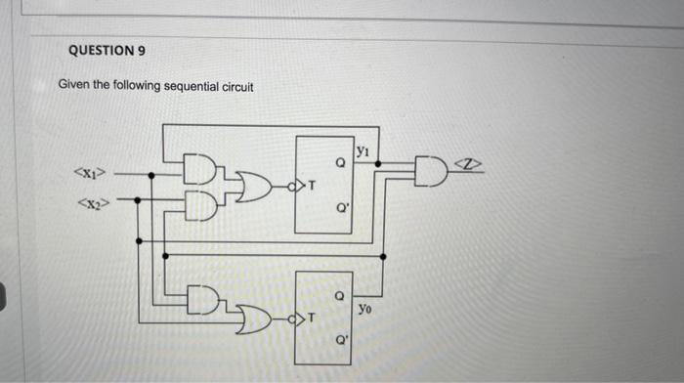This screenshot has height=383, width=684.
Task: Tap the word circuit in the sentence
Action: coord(234,87)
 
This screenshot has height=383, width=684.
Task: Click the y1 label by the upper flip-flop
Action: coord(363,151)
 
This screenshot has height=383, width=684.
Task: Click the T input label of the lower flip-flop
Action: coord(313,318)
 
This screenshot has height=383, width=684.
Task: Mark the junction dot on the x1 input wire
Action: coord(150,175)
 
